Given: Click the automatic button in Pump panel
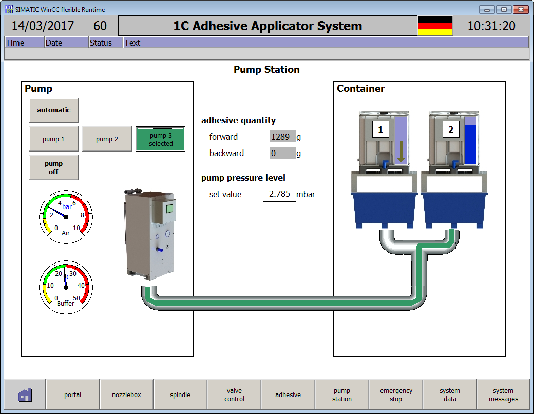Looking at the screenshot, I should click(53, 110).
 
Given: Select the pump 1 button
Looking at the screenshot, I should click(53, 139).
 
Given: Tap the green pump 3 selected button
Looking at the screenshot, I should click(160, 139).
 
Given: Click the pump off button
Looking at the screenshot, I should click(53, 168).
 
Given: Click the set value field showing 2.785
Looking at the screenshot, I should click(279, 194).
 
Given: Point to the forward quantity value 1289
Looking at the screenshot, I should click(283, 137).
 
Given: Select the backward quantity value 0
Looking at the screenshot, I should click(283, 153).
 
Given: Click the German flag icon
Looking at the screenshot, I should click(435, 26).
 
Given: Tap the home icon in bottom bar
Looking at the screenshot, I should click(25, 395).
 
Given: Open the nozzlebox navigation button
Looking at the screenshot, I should click(126, 395).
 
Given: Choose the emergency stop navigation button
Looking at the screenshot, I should click(396, 395).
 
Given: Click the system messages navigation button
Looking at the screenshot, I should click(503, 395).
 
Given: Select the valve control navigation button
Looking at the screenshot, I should click(234, 395).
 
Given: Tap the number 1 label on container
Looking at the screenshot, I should click(380, 130).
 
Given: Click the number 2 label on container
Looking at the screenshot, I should click(451, 130).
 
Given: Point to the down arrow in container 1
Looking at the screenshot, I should click(401, 152).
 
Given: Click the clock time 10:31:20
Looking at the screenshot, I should click(491, 26).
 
